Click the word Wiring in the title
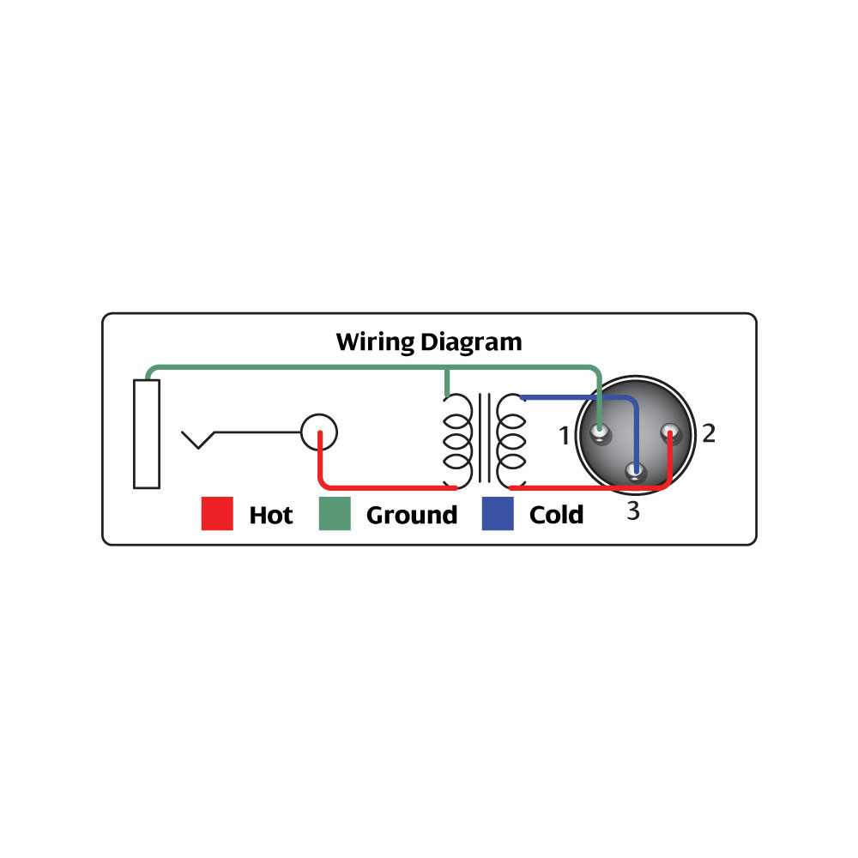376,342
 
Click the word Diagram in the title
471,342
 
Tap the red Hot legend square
217,514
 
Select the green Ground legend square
335,514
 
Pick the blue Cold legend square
498,514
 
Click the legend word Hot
271,515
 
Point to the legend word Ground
412,516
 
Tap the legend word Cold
556,515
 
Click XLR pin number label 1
564,437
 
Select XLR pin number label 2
708,433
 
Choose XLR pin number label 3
633,512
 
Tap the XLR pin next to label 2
669,433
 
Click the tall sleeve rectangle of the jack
147,433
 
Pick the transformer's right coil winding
511,440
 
